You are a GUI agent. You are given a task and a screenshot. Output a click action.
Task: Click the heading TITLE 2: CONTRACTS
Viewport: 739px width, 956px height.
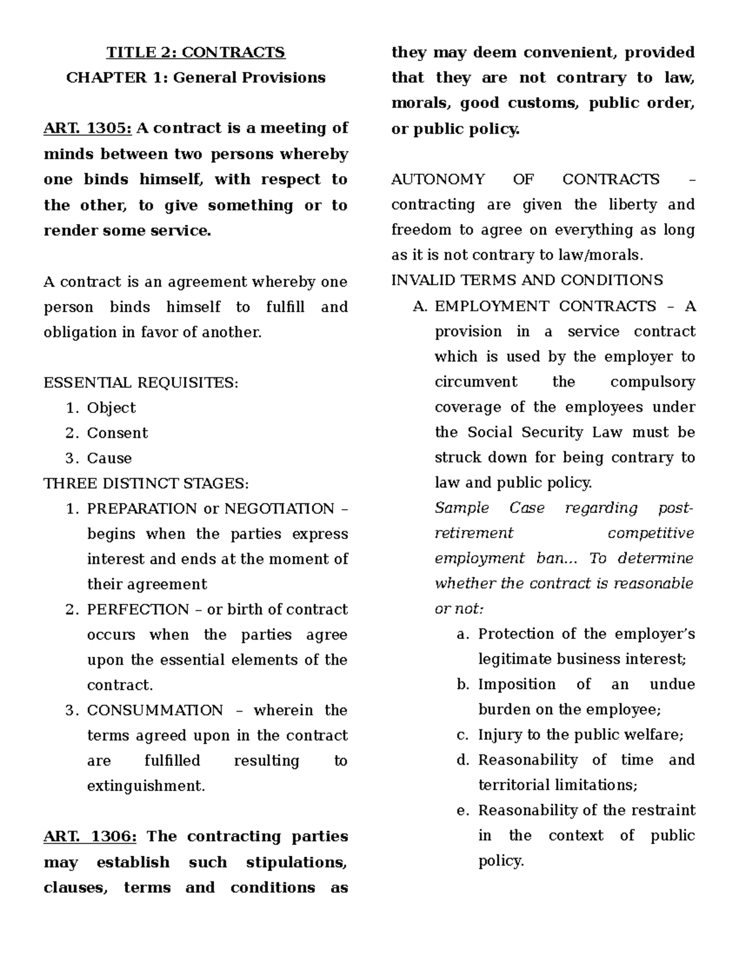click(x=196, y=52)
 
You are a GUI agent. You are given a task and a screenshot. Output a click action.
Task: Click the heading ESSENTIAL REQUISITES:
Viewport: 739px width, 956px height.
click(x=140, y=383)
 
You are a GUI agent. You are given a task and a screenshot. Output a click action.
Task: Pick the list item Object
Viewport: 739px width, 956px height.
click(x=111, y=408)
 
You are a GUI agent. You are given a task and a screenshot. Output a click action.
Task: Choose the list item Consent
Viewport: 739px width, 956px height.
click(x=117, y=433)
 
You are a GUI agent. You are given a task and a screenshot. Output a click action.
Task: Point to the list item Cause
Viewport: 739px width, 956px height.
click(x=109, y=459)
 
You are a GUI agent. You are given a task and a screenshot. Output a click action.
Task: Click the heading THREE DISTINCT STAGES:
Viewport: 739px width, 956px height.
click(x=147, y=484)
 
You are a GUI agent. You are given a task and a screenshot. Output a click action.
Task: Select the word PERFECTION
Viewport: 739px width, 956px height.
click(x=138, y=609)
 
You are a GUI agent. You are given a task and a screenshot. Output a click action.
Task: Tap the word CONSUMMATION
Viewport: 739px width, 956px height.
click(x=155, y=710)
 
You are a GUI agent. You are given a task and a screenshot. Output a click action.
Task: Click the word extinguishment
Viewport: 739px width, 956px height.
click(x=145, y=786)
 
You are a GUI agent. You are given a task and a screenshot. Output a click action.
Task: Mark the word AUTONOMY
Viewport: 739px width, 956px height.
click(x=438, y=179)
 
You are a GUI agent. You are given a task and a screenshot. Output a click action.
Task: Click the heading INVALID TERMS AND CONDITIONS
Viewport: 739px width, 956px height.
click(x=527, y=281)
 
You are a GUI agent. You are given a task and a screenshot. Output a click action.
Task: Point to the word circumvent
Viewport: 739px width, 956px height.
click(x=476, y=382)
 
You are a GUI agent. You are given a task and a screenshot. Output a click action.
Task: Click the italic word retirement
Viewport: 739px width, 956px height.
click(x=474, y=533)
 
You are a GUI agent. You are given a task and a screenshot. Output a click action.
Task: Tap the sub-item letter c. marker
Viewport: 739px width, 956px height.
click(x=462, y=735)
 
